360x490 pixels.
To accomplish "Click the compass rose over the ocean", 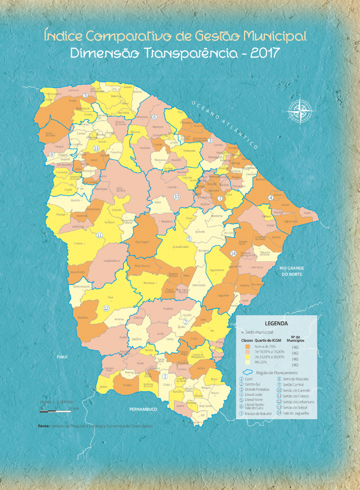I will click(299, 112).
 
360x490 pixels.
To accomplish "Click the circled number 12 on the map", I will click(106, 308).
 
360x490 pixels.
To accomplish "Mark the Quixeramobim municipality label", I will click(180, 247).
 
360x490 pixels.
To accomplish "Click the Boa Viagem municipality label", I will click(142, 242).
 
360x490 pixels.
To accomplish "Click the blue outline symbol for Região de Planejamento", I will click(248, 372).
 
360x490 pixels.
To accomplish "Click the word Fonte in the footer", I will click(44, 425).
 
